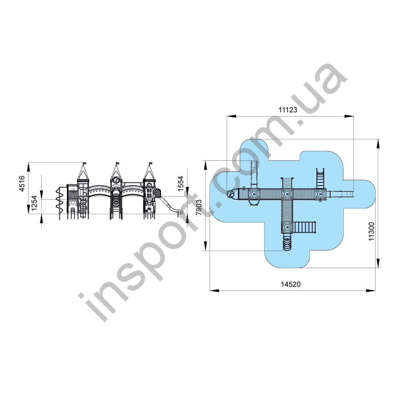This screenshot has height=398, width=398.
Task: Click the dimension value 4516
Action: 22,183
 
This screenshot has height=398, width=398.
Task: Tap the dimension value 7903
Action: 199,207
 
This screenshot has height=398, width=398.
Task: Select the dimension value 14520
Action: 291,284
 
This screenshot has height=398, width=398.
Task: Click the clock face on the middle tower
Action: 116,179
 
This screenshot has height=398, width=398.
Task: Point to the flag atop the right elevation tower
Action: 150,164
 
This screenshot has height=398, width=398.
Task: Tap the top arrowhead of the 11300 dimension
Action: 378,143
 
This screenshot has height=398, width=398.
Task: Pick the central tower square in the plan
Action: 287,194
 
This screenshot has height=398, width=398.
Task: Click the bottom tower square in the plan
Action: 287,227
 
